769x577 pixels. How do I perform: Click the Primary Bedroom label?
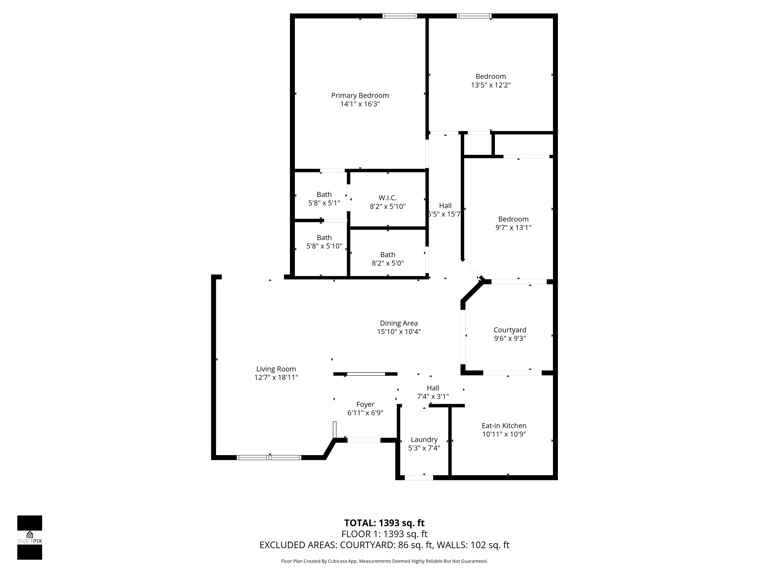tap(360, 95)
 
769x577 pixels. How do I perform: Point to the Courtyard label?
tap(510, 330)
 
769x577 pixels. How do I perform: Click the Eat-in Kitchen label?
tap(504, 426)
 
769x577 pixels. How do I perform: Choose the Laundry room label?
tap(424, 440)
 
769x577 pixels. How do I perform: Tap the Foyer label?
tap(365, 404)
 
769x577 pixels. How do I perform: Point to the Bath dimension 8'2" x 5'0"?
tap(388, 263)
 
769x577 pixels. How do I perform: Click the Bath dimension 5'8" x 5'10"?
tap(324, 246)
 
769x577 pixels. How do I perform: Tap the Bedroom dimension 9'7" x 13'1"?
tap(513, 228)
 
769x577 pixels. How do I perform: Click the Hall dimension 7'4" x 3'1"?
tap(433, 396)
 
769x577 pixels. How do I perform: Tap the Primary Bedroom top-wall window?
tap(399, 16)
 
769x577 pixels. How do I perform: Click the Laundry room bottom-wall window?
tap(419, 478)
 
